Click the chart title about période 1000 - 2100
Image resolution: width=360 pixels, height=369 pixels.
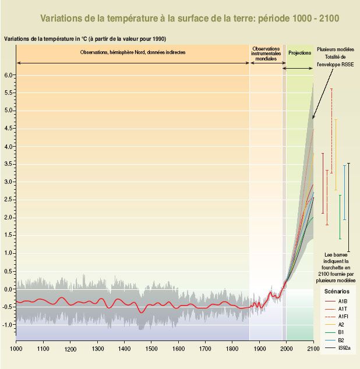point(189,19)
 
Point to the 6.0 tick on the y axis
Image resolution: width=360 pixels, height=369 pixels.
point(8,75)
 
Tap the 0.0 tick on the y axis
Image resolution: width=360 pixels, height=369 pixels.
point(8,289)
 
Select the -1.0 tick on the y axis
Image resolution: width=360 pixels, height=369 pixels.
point(7,325)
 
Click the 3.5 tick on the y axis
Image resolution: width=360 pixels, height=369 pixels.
point(8,164)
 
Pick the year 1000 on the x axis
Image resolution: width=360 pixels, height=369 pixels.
point(17,349)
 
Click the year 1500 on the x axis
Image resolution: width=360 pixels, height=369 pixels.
point(151,349)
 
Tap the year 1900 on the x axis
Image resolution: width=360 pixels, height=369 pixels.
point(259,349)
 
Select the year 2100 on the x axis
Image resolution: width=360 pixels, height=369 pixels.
point(313,349)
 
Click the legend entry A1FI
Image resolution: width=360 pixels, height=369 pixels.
point(343,316)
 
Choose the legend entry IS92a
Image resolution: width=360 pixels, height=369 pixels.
point(344,347)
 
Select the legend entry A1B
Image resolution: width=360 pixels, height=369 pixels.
point(343,300)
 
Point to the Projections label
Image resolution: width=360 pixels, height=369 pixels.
point(299,53)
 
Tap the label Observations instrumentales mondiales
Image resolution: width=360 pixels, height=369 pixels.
point(266,54)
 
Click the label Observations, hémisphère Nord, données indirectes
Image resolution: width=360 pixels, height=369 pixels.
point(133,53)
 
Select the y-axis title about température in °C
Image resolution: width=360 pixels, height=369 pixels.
point(86,39)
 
